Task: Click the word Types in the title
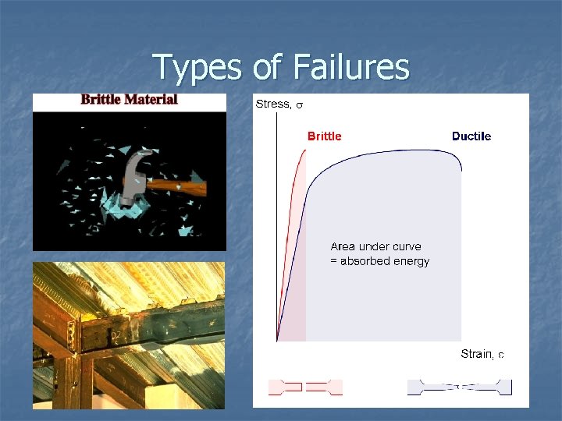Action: click(x=198, y=67)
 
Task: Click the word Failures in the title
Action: click(x=352, y=67)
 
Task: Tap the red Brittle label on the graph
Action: click(x=324, y=136)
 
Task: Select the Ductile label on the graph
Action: click(x=471, y=136)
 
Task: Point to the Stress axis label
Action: click(x=273, y=104)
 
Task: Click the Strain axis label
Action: click(x=477, y=354)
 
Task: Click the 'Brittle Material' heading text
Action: click(x=130, y=100)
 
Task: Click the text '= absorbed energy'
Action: click(x=379, y=261)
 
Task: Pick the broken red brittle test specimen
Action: click(x=305, y=387)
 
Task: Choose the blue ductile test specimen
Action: click(x=459, y=387)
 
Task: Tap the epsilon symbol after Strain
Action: click(x=501, y=355)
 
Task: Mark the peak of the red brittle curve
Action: click(x=304, y=150)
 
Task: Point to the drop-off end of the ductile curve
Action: click(x=461, y=169)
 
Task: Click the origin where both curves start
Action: click(x=277, y=341)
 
